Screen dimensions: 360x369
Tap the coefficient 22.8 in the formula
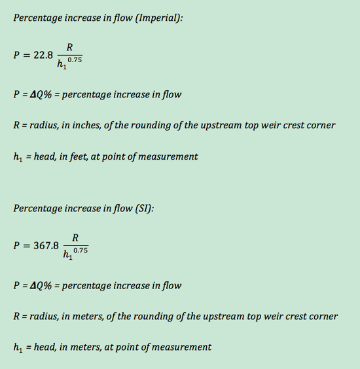pyautogui.click(x=43, y=55)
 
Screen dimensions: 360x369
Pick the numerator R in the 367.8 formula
pyautogui.click(x=75, y=237)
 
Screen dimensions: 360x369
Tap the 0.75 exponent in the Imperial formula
pyautogui.click(x=75, y=60)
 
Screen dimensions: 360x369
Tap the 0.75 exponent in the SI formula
pyautogui.click(x=81, y=251)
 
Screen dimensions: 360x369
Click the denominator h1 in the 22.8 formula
pyautogui.click(x=62, y=64)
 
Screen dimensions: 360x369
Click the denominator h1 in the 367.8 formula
pyautogui.click(x=67, y=255)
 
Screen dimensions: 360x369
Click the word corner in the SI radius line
pyautogui.click(x=323, y=316)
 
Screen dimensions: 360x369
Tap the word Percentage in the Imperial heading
pyautogui.click(x=37, y=18)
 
